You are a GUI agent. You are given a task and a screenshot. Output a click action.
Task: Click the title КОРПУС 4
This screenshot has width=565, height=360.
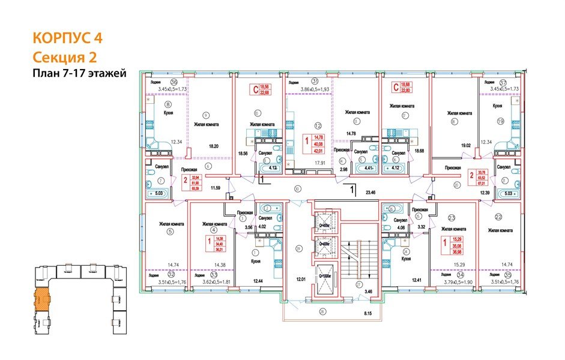click(x=67, y=38)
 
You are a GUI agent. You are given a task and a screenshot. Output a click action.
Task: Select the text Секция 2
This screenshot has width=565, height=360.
click(x=63, y=57)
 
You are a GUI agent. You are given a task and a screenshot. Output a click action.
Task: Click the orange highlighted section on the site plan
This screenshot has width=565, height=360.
click(x=43, y=298)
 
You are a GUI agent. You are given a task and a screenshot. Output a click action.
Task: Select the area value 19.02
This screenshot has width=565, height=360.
click(x=464, y=146)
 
